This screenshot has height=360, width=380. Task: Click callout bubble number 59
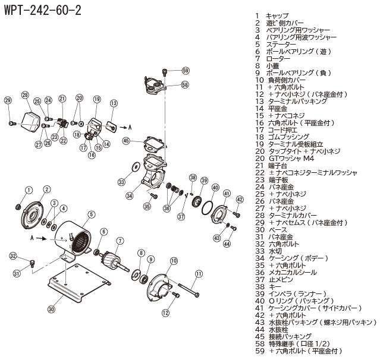(186, 71)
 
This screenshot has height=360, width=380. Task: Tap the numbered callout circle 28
(25, 95)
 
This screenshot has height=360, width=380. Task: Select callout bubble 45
(126, 141)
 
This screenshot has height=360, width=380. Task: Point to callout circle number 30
(51, 309)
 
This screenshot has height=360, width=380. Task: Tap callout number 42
(240, 200)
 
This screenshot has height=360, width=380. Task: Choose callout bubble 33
(121, 182)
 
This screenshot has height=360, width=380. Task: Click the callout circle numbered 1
(28, 190)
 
